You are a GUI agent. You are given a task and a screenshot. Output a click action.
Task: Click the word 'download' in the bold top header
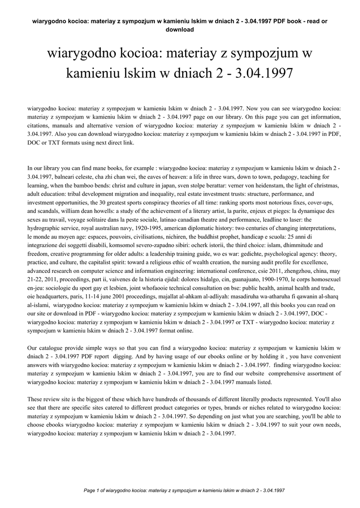(x=179, y=29)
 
